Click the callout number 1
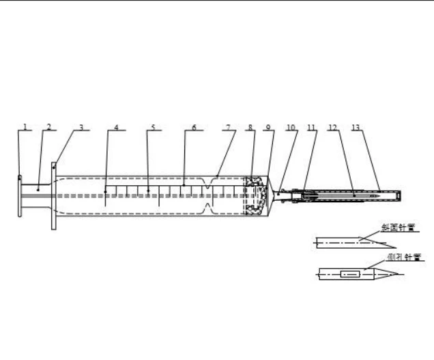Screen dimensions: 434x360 click(x=25, y=126)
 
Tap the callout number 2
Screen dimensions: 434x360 click(x=49, y=126)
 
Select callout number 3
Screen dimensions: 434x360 click(x=81, y=126)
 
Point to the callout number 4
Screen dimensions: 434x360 click(x=116, y=127)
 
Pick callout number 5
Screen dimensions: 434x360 click(x=153, y=127)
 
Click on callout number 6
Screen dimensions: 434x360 click(x=194, y=127)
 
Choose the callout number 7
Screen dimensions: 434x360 click(x=229, y=127)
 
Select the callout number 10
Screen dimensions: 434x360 click(x=291, y=127)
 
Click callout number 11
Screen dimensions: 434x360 click(x=311, y=127)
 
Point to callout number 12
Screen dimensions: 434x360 click(x=333, y=127)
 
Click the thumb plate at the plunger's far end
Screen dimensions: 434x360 click(x=19, y=196)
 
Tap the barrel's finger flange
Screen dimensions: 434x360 click(x=53, y=196)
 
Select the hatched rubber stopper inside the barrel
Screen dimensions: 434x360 click(x=256, y=196)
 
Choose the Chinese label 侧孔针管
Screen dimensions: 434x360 click(x=403, y=258)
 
